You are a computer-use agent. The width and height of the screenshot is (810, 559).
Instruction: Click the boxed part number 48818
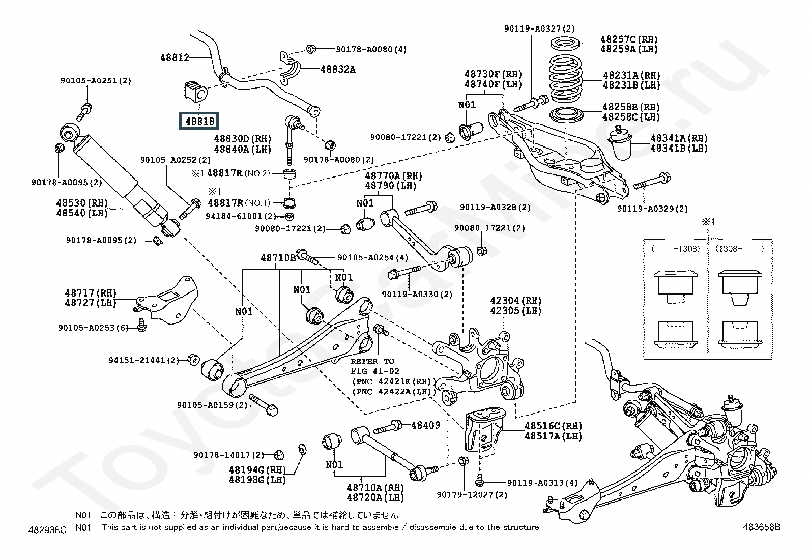click(x=200, y=121)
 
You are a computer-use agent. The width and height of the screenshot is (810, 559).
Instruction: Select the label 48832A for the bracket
click(x=338, y=69)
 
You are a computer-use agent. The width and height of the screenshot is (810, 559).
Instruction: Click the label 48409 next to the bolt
click(x=425, y=425)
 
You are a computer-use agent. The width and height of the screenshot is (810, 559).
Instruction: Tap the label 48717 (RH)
click(x=91, y=293)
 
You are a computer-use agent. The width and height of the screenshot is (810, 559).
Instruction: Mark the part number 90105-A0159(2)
click(x=212, y=405)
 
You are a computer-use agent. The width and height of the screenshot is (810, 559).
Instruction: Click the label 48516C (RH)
click(x=553, y=426)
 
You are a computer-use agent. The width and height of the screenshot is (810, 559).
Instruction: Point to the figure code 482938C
click(x=48, y=530)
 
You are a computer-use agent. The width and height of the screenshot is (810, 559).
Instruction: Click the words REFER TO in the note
click(x=372, y=361)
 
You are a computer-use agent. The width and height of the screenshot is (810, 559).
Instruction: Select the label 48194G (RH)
click(x=257, y=469)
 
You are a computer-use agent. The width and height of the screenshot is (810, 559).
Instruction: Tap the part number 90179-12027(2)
click(x=472, y=495)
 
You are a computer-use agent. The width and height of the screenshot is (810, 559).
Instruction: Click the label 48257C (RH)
click(x=629, y=39)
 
